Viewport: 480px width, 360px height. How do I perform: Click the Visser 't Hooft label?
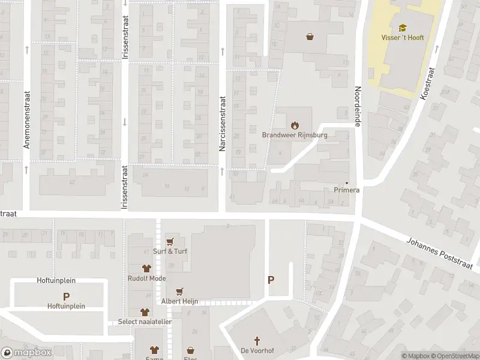pos(402,38)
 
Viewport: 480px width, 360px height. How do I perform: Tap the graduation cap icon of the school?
pos(402,27)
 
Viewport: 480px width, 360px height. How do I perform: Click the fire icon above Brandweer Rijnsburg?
pos(294,125)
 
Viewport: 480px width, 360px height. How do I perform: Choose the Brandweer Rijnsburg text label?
pos(294,135)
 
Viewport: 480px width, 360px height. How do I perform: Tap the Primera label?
pos(346,190)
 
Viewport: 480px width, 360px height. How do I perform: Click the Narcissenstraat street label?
pos(222,122)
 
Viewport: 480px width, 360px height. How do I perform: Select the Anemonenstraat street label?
pos(27,119)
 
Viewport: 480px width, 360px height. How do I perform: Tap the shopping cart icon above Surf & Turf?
pos(170,241)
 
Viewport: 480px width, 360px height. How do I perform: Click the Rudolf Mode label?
pos(146,278)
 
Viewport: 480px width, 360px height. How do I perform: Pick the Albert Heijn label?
pos(179,301)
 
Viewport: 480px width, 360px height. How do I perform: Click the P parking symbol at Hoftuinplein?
pos(66,296)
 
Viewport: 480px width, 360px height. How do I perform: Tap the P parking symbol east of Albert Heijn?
pos(271,280)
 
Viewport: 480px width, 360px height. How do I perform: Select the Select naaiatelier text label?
pos(145,322)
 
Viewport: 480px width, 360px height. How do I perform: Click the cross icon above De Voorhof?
pos(253,340)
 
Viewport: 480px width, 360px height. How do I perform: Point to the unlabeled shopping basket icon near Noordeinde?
pos(310,36)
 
